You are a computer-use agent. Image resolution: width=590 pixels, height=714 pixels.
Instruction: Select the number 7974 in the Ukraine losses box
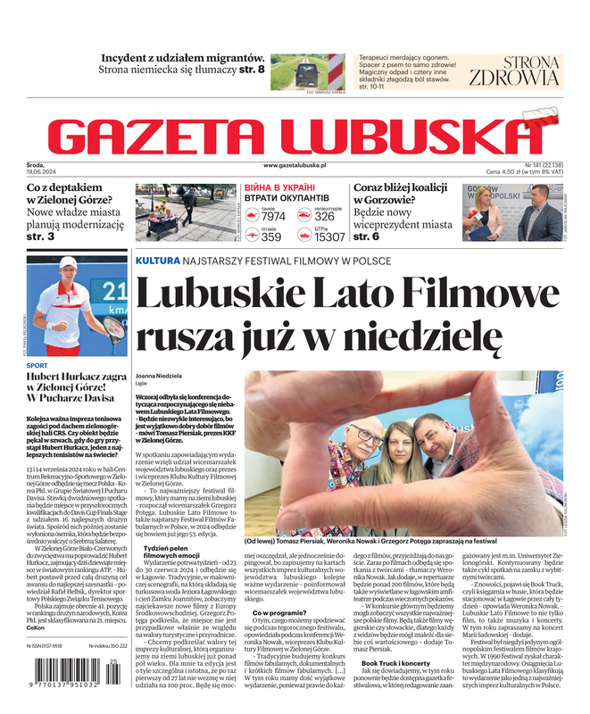273,217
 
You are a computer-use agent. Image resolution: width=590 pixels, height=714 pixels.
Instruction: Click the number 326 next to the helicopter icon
325,217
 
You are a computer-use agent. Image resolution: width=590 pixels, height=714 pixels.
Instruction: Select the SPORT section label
37,365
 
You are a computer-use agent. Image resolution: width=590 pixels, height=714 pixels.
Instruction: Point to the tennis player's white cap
68,263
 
